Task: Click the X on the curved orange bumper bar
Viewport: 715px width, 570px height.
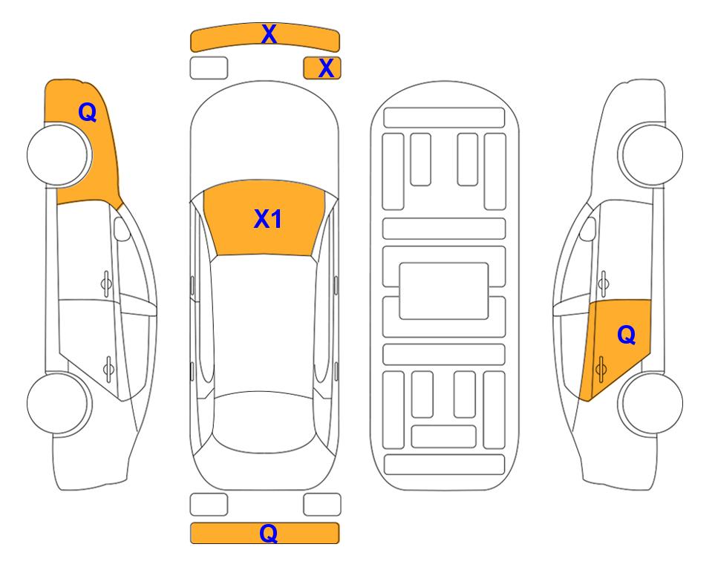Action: coord(269,35)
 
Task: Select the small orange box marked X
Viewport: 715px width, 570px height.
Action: coord(322,68)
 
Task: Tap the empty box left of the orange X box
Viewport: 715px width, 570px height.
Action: coord(209,68)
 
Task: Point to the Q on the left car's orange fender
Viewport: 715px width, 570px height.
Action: coord(88,112)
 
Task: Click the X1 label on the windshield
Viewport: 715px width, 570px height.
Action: coord(268,219)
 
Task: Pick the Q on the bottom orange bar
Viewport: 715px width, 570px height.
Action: coord(269,533)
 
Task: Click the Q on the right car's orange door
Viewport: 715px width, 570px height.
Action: coord(627,335)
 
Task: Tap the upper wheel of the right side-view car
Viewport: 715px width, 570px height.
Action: coord(650,154)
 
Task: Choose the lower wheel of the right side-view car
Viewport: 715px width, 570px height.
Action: coord(650,403)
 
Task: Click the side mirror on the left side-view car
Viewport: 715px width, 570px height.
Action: coord(122,229)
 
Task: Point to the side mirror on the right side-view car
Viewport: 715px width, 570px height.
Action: coord(587,229)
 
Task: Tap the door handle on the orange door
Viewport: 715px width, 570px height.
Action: coord(601,369)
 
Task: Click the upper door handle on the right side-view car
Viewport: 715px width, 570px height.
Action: coord(603,284)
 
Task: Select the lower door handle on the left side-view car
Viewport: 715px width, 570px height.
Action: coord(108,368)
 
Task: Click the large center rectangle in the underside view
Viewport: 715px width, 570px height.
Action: coord(444,291)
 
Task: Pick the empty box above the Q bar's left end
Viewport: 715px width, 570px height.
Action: coord(209,505)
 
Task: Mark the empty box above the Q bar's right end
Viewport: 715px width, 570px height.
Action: coord(322,505)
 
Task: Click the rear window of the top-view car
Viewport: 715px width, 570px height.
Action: coord(264,422)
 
